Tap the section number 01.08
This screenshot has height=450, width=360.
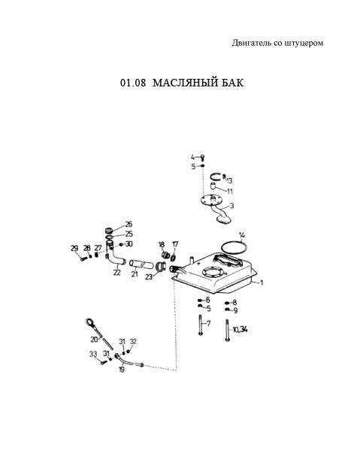tap(133, 83)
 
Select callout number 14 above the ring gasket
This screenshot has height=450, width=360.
tap(242, 235)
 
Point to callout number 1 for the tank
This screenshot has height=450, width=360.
tap(262, 282)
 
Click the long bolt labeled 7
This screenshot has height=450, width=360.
tap(200, 325)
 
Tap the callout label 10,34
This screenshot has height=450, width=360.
tap(240, 330)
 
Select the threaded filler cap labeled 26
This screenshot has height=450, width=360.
tap(108, 231)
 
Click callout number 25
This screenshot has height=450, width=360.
tap(129, 234)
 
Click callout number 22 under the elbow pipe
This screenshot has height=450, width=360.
tap(116, 272)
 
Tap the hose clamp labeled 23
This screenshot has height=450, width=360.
tap(161, 266)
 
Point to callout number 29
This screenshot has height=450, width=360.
tap(74, 248)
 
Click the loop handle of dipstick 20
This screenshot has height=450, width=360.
tap(89, 322)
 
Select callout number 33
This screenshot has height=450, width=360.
tap(93, 354)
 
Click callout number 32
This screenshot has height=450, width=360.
tap(133, 342)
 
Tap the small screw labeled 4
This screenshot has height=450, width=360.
tap(202, 157)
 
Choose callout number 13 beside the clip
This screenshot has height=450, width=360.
tap(229, 181)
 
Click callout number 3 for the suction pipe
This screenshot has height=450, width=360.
tap(232, 206)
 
